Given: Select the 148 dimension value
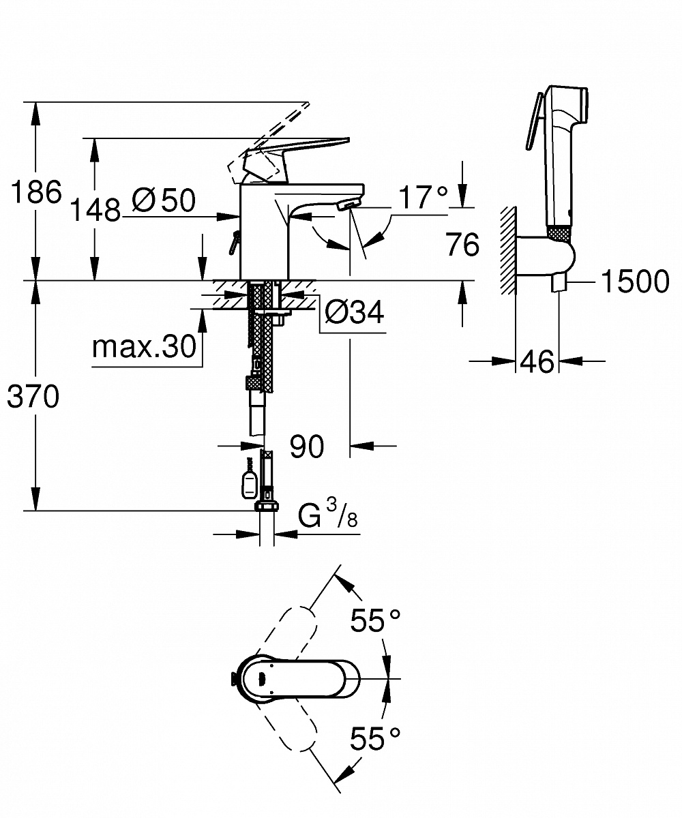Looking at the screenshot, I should click(95, 210).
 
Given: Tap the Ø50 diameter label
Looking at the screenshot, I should click(164, 200).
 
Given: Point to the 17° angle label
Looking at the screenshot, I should click(423, 198).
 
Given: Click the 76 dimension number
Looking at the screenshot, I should click(462, 245).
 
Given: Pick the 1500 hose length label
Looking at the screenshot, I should click(634, 281).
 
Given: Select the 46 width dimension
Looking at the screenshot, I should click(537, 362).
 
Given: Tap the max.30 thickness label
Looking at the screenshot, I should click(144, 348).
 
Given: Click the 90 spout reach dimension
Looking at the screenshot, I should click(307, 446).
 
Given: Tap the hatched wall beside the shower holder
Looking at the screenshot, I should click(506, 252).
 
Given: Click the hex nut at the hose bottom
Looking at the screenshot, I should click(267, 506).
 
